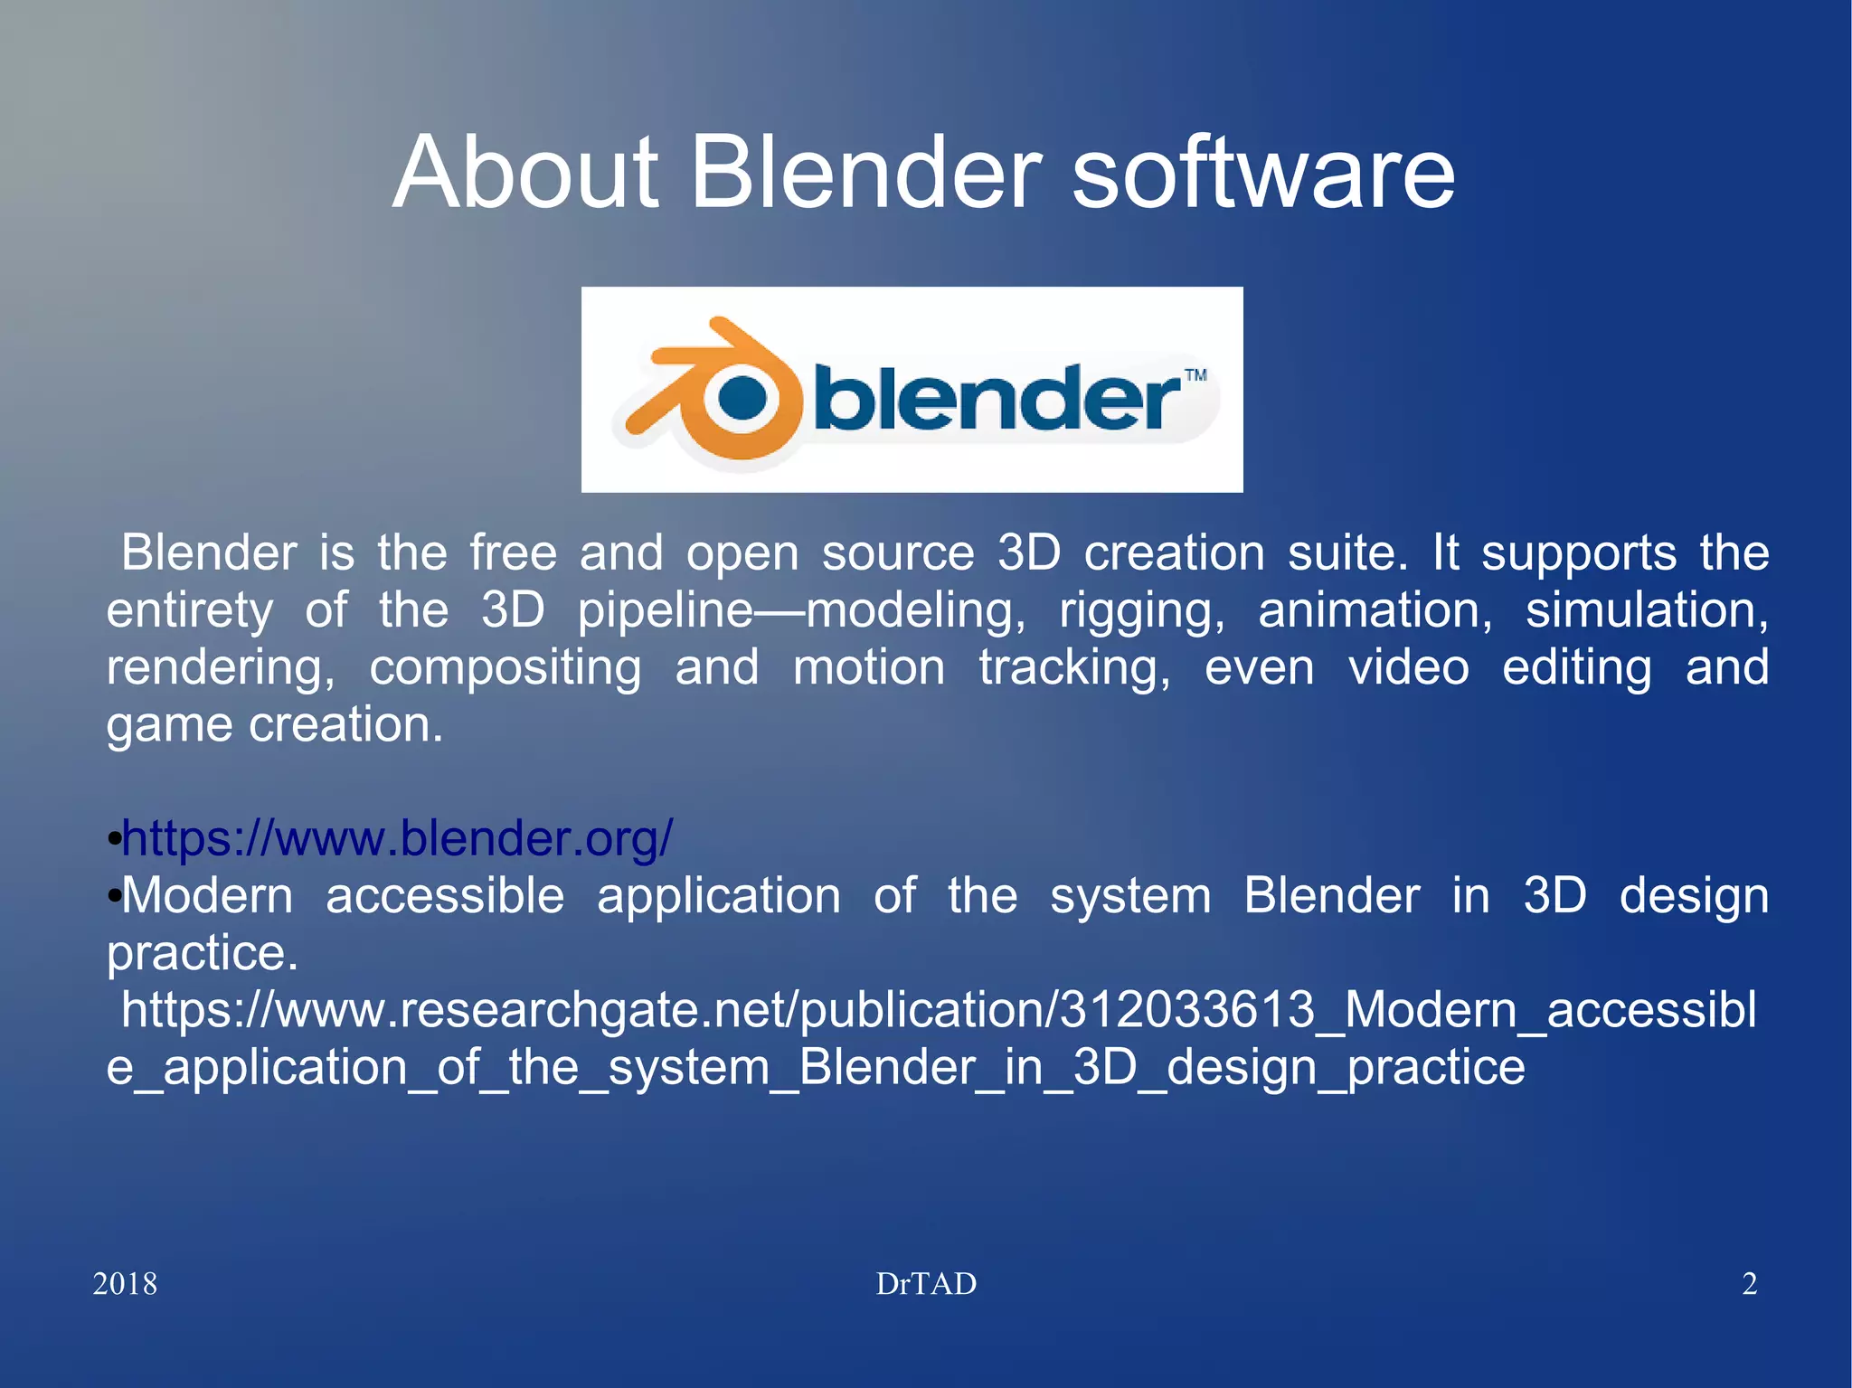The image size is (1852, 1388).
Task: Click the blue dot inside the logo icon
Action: [744, 398]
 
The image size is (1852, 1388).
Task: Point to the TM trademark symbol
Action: [1195, 375]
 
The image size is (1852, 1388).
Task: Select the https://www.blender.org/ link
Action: [398, 838]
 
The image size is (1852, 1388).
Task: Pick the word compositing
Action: [506, 668]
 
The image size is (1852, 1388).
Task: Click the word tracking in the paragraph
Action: [1074, 668]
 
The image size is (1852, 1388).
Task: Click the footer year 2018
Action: [125, 1284]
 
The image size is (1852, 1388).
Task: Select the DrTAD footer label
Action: [926, 1284]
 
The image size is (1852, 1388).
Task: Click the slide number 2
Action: [1750, 1284]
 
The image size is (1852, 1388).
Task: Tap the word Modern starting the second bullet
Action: [207, 896]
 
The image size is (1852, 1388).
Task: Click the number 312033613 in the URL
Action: [1186, 1010]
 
